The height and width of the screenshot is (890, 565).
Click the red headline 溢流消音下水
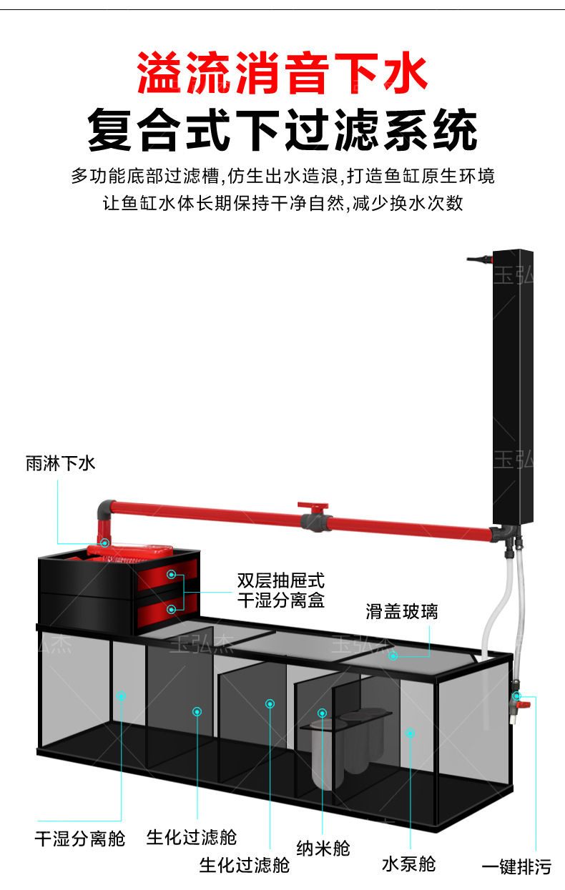tap(282, 74)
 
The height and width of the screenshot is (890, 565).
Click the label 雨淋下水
tap(61, 463)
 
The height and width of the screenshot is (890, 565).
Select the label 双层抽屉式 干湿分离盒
tap(280, 590)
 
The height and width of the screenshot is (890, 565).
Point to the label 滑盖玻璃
tap(401, 611)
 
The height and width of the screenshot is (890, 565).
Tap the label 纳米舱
tap(323, 848)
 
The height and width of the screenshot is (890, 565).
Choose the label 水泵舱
tap(408, 864)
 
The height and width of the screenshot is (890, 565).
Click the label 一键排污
tap(516, 868)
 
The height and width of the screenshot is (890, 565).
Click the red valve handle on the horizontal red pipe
tap(311, 506)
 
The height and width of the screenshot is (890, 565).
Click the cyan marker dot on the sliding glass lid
tap(393, 655)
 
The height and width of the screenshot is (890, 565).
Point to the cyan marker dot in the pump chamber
tap(410, 732)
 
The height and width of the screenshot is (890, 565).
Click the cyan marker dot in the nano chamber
tap(323, 713)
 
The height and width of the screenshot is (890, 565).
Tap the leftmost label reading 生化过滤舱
tap(191, 836)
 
